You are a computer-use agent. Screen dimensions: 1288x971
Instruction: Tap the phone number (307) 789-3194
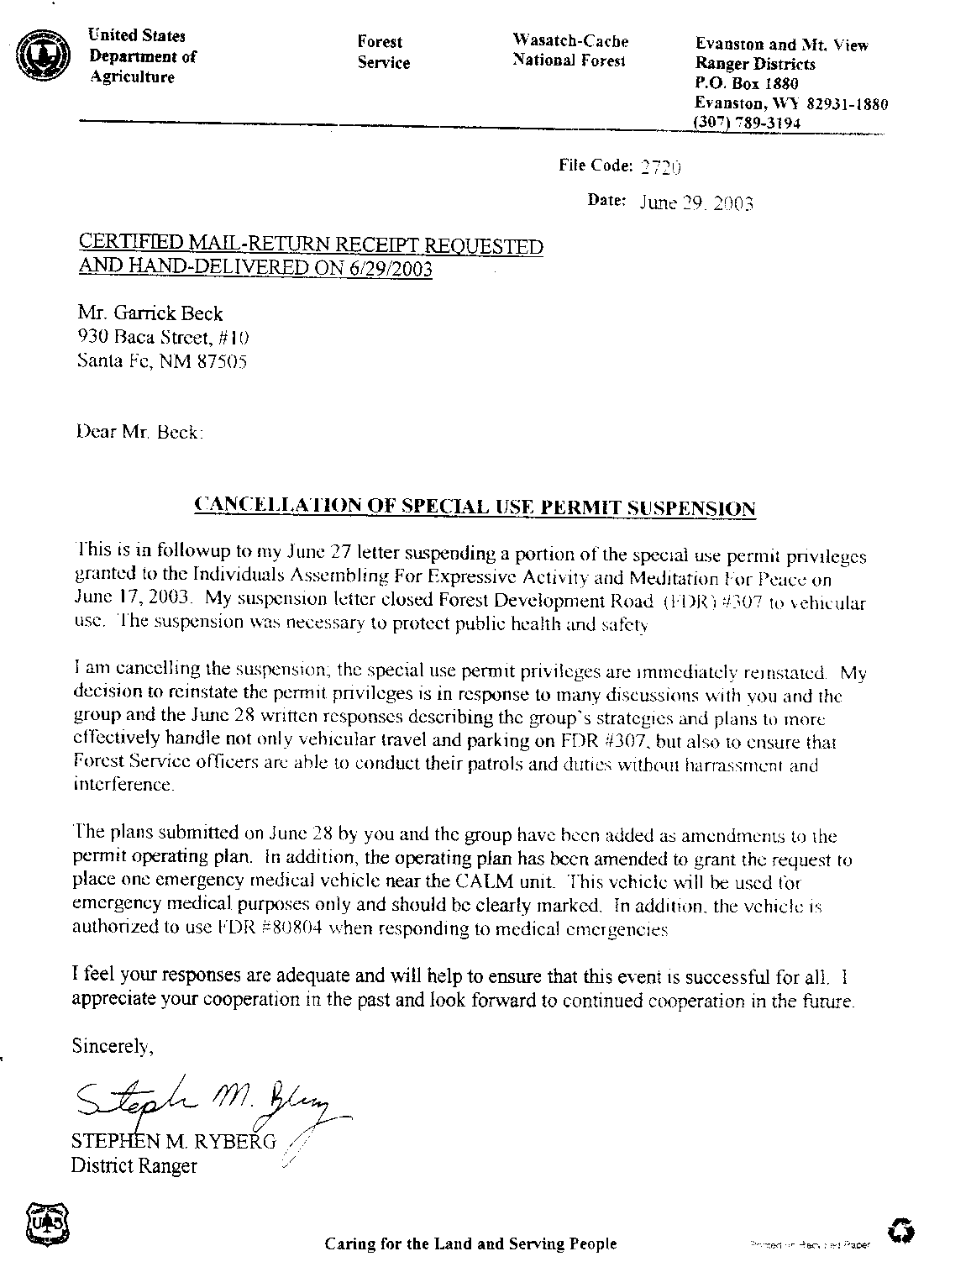pyautogui.click(x=747, y=123)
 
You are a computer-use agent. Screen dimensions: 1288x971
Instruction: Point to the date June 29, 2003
pyautogui.click(x=696, y=202)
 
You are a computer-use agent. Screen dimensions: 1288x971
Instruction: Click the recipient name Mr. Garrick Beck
pyautogui.click(x=150, y=314)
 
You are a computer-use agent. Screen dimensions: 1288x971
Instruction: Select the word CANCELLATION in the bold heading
pyautogui.click(x=269, y=506)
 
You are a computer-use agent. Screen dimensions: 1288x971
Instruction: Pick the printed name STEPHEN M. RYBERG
pyautogui.click(x=173, y=1142)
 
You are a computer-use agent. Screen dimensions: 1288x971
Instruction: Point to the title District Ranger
pyautogui.click(x=134, y=1166)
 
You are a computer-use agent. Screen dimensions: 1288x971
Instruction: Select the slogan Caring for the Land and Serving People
pyautogui.click(x=470, y=1244)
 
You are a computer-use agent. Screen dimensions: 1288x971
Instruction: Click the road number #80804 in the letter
pyautogui.click(x=284, y=929)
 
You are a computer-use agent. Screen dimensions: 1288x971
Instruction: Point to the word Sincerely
pyautogui.click(x=113, y=1047)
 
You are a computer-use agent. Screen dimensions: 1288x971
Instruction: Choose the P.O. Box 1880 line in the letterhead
pyautogui.click(x=747, y=84)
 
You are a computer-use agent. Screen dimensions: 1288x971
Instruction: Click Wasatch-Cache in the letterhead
pyautogui.click(x=570, y=41)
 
